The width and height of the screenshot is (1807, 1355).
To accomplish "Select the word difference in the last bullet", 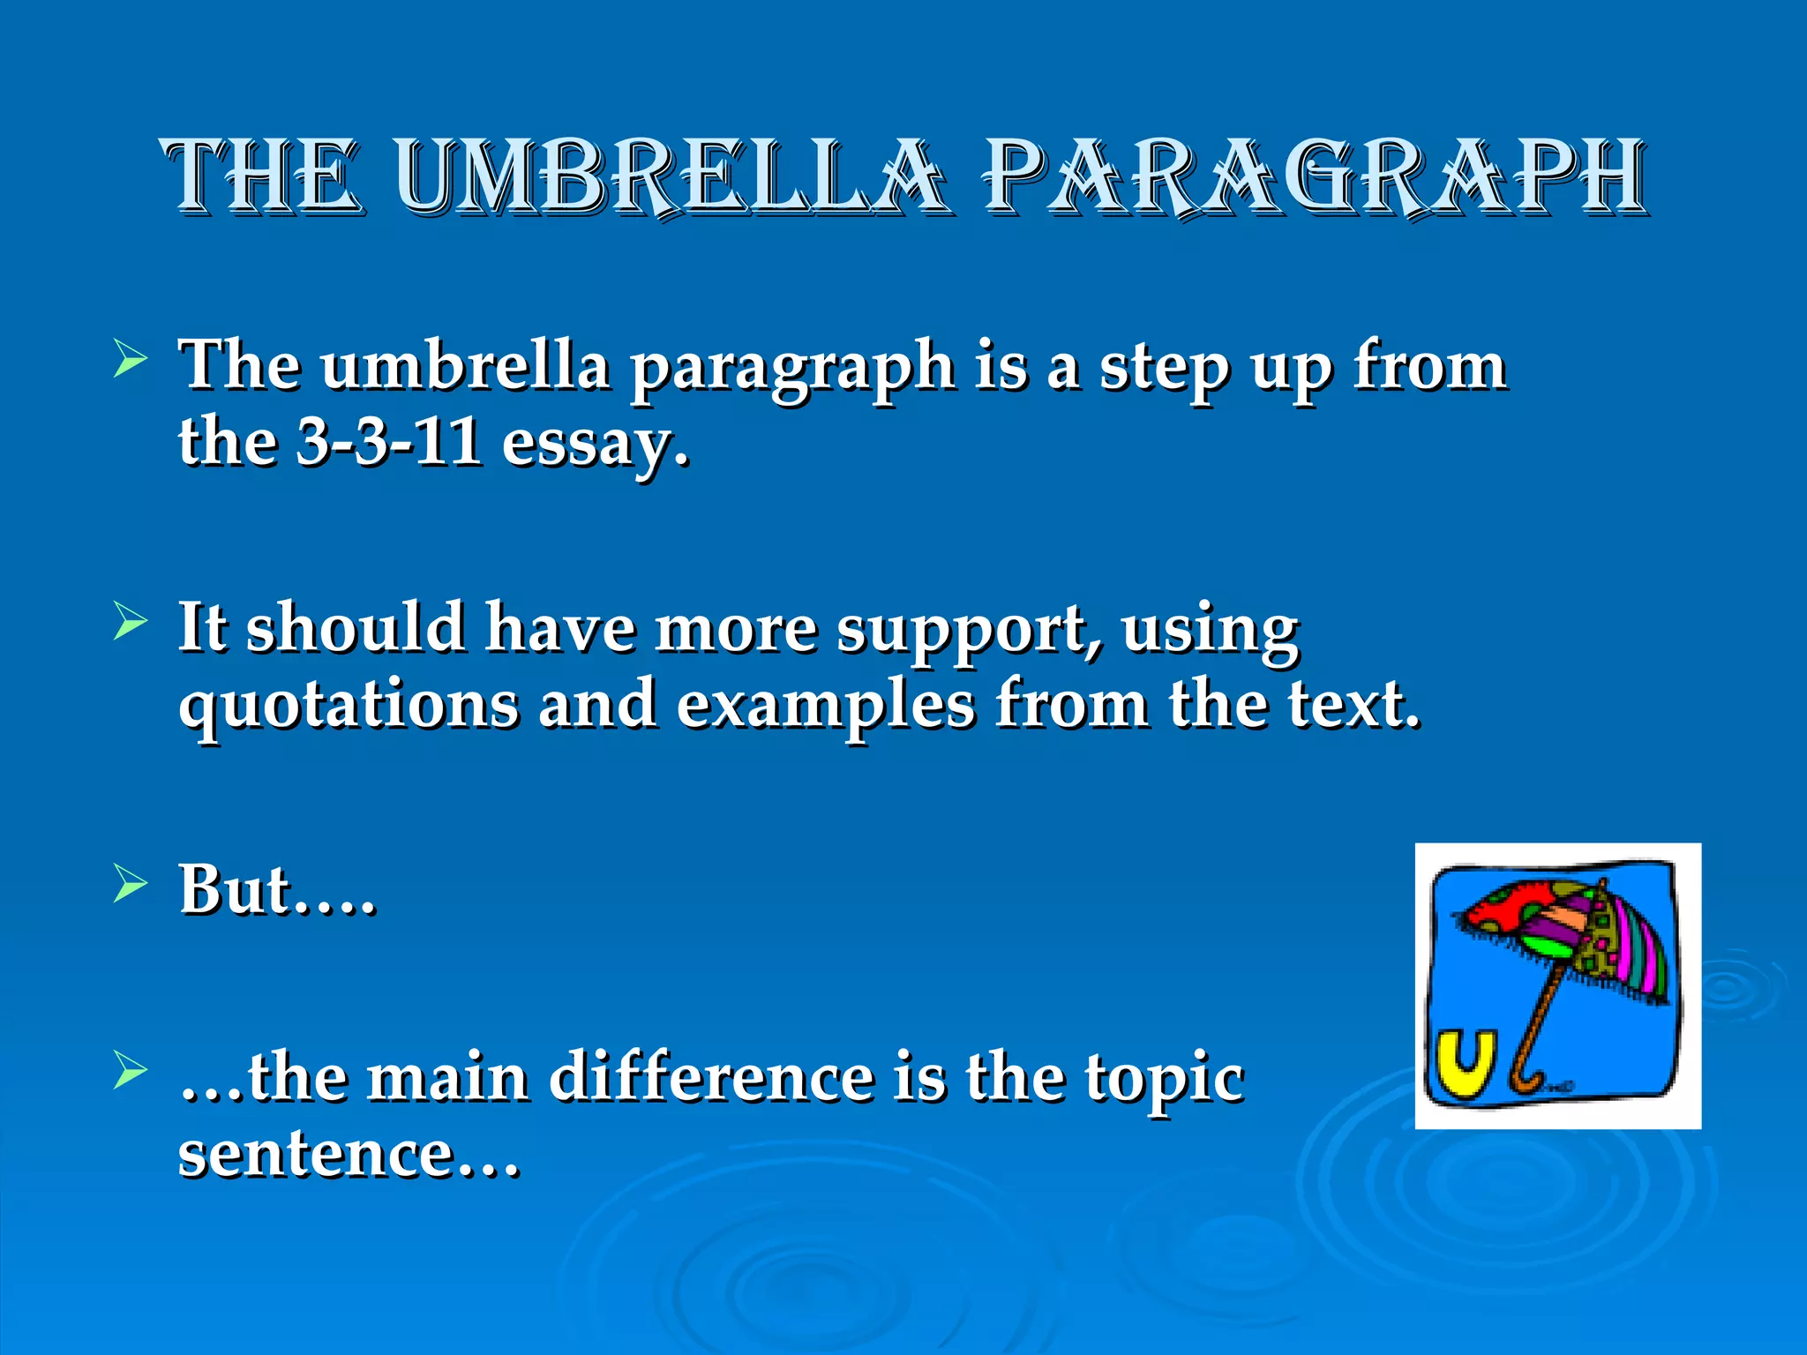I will (711, 1078).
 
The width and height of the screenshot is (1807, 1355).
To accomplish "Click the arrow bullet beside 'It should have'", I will (130, 623).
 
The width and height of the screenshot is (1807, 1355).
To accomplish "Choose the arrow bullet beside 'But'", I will (130, 885).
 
